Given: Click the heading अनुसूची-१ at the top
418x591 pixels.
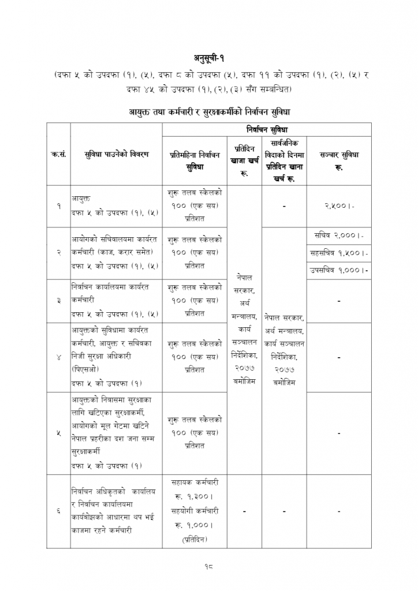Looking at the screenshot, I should (x=208, y=58).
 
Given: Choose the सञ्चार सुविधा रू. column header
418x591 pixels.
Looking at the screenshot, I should (x=339, y=160).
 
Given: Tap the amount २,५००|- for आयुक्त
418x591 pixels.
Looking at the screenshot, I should (x=339, y=205).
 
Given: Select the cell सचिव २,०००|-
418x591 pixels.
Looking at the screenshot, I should (x=339, y=236).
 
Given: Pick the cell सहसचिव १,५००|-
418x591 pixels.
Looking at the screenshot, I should (x=339, y=253).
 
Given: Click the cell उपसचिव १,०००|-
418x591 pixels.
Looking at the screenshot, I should (x=339, y=270).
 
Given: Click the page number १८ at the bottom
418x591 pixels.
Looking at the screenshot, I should (x=209, y=567).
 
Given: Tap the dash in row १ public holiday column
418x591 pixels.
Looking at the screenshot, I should (x=285, y=205).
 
